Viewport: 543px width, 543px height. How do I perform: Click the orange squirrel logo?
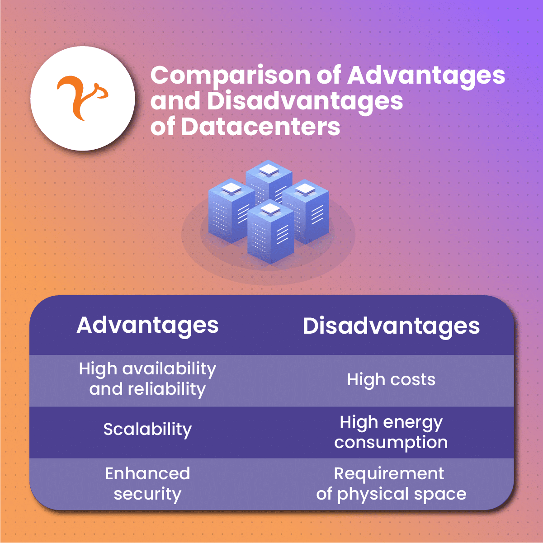tap(82, 98)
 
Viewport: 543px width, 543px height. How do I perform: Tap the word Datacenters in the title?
tap(260, 127)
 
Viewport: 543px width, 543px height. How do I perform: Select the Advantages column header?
tap(147, 326)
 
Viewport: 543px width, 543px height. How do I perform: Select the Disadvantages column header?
tap(391, 326)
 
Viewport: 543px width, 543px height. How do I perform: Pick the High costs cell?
tap(391, 380)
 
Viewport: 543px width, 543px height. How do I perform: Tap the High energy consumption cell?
tap(391, 433)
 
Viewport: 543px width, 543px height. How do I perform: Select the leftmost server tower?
tap(231, 211)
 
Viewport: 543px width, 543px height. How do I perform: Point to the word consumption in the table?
tap(391, 443)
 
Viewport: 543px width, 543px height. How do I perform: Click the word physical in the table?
tap(373, 495)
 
